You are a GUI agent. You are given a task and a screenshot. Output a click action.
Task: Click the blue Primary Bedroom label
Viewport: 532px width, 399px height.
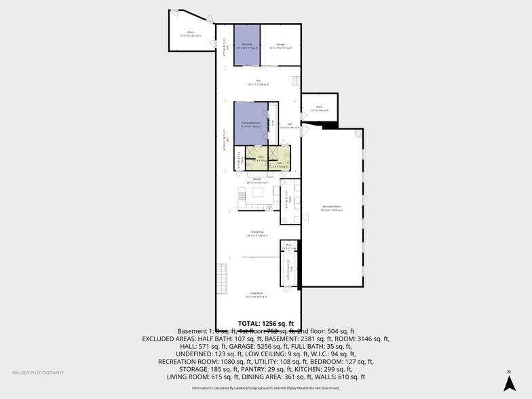pyautogui.click(x=251, y=124)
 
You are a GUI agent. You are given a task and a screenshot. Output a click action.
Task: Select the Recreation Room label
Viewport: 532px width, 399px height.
pyautogui.click(x=331, y=208)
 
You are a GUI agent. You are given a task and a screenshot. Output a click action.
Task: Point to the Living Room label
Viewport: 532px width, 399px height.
pyautogui.click(x=257, y=294)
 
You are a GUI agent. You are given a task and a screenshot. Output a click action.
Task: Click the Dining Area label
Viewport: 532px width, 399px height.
pyautogui.click(x=257, y=235)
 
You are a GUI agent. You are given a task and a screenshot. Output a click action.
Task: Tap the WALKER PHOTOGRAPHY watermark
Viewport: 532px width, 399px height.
pyautogui.click(x=38, y=373)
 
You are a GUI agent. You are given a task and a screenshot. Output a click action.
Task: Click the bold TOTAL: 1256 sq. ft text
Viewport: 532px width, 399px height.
pyautogui.click(x=266, y=323)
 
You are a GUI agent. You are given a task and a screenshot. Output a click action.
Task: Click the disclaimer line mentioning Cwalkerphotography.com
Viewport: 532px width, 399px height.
pyautogui.click(x=266, y=387)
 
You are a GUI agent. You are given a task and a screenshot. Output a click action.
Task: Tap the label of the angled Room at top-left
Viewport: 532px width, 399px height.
pyautogui.click(x=187, y=35)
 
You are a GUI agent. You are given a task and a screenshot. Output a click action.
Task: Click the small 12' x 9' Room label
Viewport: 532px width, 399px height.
pyautogui.click(x=319, y=109)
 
